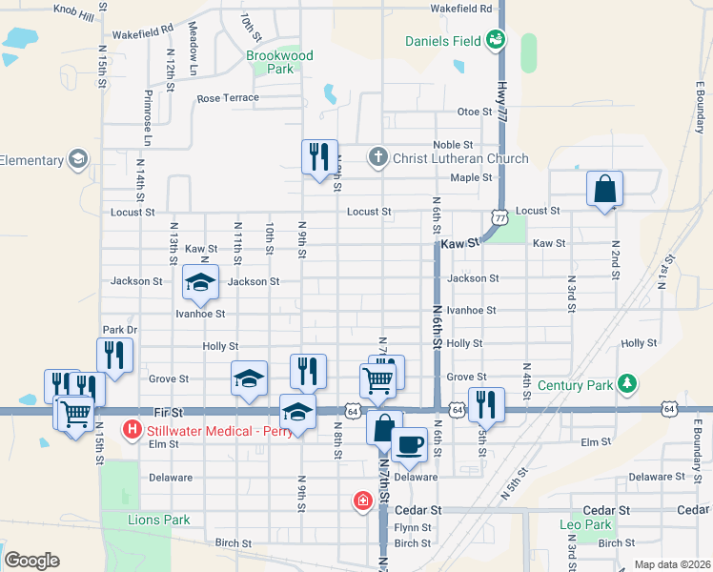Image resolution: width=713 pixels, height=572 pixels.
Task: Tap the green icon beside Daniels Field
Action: [496, 39]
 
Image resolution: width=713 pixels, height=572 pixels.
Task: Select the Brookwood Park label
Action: [279, 63]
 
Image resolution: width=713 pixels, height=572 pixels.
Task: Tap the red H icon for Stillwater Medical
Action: [132, 431]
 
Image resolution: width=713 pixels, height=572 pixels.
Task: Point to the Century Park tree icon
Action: [626, 384]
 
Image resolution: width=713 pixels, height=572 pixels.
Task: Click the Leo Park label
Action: [584, 524]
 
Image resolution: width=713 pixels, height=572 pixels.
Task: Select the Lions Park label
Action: [159, 520]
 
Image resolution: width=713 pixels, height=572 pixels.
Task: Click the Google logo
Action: [31, 561]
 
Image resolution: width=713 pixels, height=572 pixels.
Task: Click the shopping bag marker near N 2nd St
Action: [605, 189]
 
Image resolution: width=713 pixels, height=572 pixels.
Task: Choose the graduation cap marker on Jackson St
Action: [201, 282]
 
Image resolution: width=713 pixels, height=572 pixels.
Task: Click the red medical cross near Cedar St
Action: [362, 500]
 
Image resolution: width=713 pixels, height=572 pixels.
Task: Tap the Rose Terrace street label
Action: [228, 98]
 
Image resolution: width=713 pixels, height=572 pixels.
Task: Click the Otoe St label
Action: [474, 112]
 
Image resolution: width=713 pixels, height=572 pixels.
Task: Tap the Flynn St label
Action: [413, 527]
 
